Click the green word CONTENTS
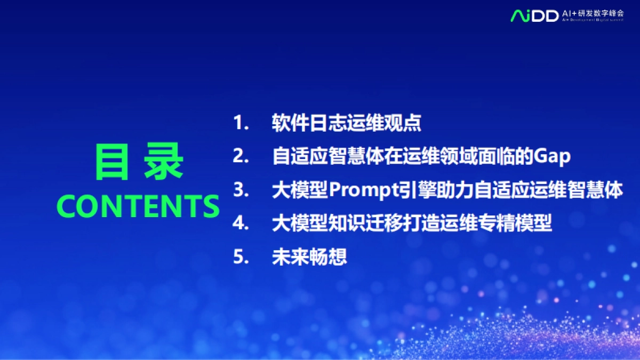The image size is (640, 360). coord(138,206)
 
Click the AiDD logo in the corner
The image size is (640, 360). coord(534,15)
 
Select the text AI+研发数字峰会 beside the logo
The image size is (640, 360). coord(593,12)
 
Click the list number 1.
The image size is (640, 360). coord(241,123)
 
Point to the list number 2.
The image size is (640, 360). coord(241,156)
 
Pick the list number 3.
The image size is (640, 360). coord(241,190)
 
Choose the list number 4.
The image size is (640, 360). coord(241,223)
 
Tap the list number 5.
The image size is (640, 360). coord(241,257)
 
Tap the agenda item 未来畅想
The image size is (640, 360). coord(309,257)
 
